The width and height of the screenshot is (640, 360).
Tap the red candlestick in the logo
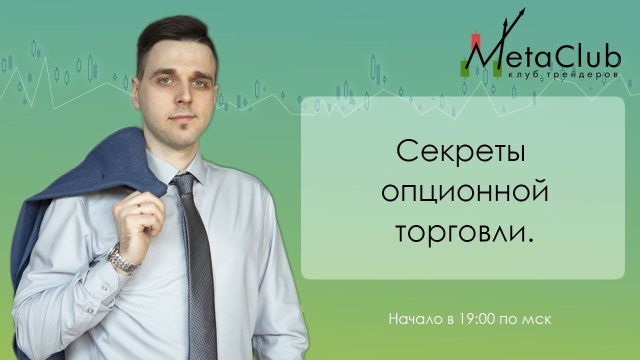pyautogui.click(x=475, y=41)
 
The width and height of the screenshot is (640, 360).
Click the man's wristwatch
pyautogui.click(x=122, y=260)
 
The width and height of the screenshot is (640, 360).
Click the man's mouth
pyautogui.click(x=182, y=118)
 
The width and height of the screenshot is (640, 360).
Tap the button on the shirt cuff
pyautogui.click(x=104, y=288)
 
